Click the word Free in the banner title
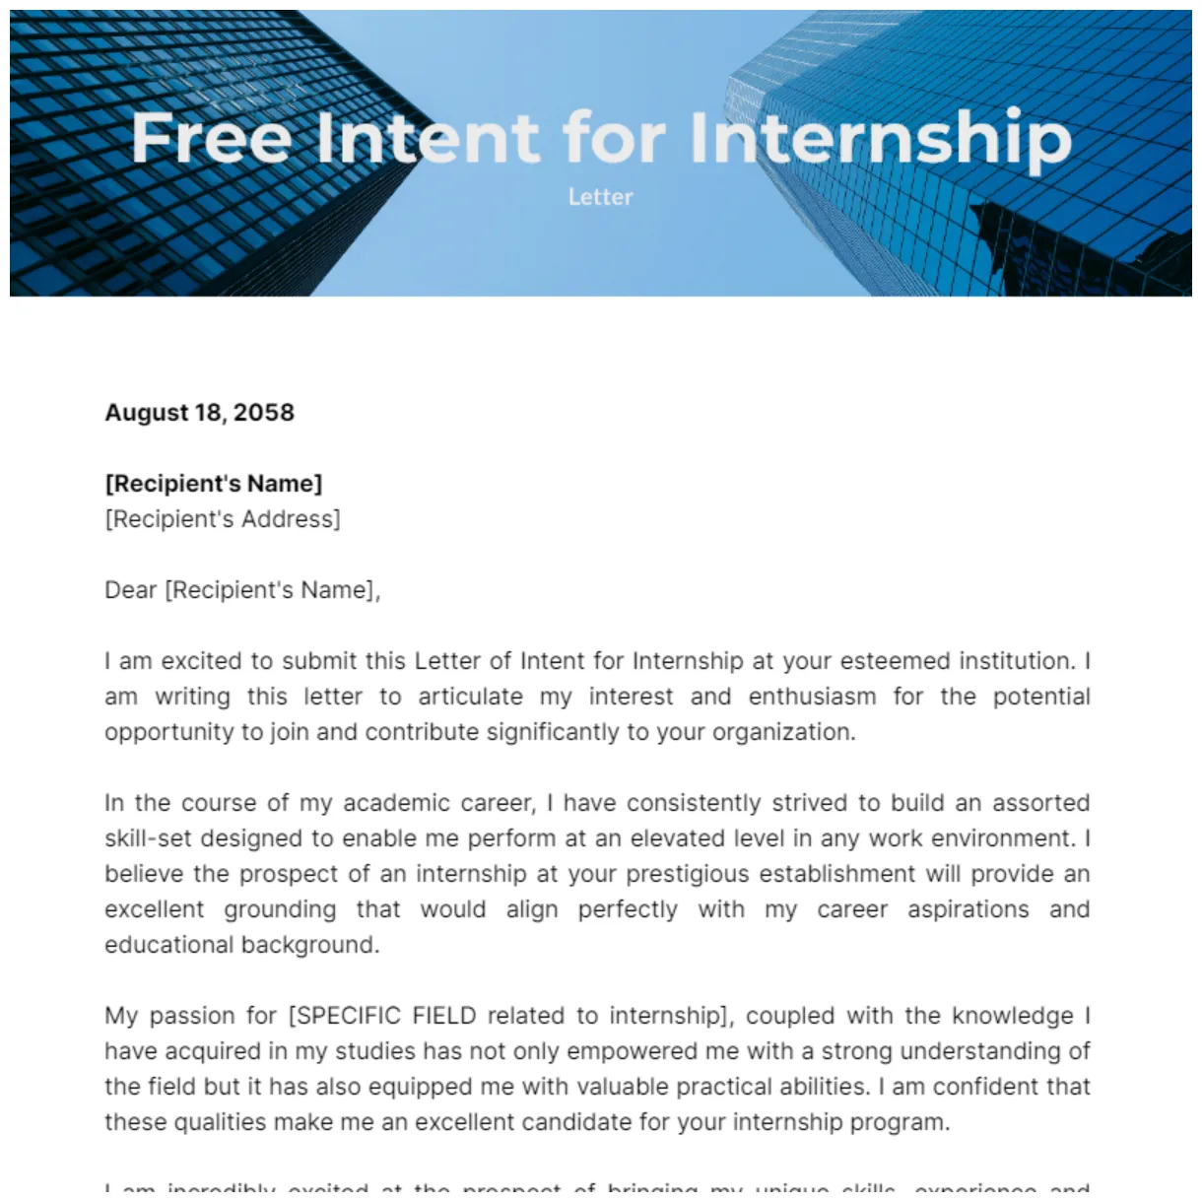coord(211,137)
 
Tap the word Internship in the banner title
coord(880,137)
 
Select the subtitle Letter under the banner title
coord(600,197)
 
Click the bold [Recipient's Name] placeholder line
coord(214,484)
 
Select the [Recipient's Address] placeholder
coord(223,519)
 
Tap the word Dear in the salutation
coord(131,590)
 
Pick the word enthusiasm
coord(812,697)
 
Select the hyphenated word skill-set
coord(145,838)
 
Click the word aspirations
coord(968,909)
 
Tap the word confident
coord(978,1087)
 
